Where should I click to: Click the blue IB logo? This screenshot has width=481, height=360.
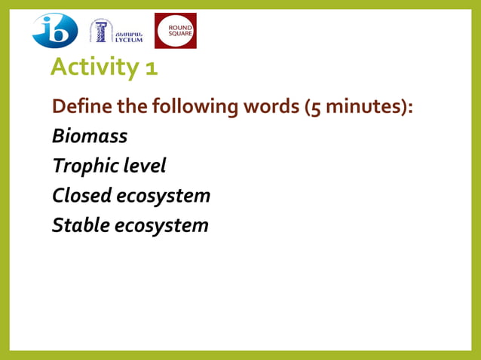click(54, 31)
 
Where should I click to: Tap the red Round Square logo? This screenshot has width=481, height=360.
click(175, 31)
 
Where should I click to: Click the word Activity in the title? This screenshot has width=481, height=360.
click(95, 68)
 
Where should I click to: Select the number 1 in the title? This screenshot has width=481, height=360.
click(151, 69)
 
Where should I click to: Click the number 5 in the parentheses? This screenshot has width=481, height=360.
click(315, 108)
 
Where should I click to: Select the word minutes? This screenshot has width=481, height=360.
click(363, 107)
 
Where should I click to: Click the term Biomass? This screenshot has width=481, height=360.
click(89, 136)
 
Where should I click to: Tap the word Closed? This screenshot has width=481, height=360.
click(81, 195)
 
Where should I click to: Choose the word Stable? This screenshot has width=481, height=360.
click(79, 224)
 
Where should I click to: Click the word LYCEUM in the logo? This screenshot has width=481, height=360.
click(128, 39)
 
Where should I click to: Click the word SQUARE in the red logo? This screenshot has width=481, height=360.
click(175, 35)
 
